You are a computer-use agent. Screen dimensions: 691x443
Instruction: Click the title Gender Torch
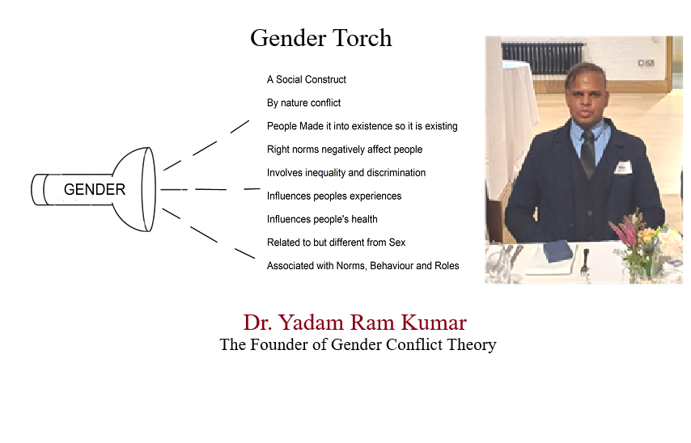coord(320,38)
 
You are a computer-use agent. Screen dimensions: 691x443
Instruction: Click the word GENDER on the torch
coord(95,189)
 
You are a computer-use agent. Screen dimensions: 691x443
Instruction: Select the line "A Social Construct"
coord(307,80)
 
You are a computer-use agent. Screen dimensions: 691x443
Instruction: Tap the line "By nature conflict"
coord(303,103)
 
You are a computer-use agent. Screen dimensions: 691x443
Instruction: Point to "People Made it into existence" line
coord(362,126)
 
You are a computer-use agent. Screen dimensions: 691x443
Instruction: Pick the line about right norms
coord(345,150)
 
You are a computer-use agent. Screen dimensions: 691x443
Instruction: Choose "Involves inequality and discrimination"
coord(346,173)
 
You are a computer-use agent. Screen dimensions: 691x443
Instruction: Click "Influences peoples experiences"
coord(334,196)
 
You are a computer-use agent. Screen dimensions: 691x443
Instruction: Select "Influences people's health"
coord(322,219)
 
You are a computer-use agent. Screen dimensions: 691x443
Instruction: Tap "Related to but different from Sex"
coord(337,243)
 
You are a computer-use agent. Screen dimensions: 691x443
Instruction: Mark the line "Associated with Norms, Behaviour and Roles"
coord(363,266)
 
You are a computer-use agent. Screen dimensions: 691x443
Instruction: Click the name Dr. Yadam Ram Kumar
coord(354,323)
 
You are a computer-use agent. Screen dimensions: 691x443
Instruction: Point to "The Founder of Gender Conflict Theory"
coord(358,344)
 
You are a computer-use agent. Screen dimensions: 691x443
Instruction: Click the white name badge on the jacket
coord(622,167)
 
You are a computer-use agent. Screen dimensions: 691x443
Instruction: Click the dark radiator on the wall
coord(542,57)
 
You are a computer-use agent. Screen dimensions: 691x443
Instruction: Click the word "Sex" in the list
coord(397,243)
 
